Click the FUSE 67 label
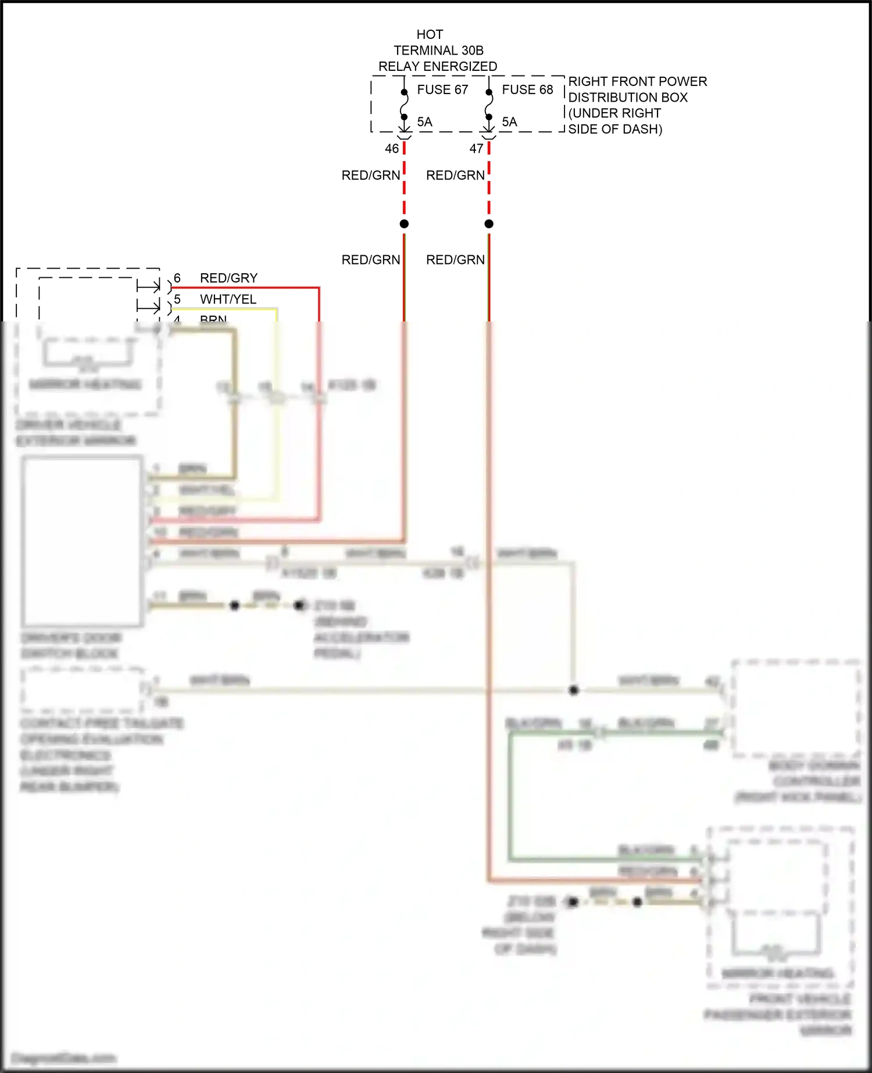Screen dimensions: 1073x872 tap(442, 90)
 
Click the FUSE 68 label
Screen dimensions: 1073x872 tap(527, 90)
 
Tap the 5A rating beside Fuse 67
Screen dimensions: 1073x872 tap(424, 122)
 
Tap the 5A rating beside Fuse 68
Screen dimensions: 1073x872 tap(509, 122)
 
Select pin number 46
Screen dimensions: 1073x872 tap(392, 149)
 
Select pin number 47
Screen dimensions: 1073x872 tap(477, 149)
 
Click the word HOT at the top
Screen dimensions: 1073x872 tap(430, 34)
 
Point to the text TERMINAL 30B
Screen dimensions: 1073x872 tap(438, 51)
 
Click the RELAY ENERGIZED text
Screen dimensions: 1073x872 tap(438, 66)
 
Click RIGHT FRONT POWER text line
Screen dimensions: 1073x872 tap(637, 81)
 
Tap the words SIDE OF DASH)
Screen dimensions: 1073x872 tap(615, 129)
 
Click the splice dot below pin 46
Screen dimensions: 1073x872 tap(404, 224)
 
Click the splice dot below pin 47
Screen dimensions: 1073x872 tap(489, 224)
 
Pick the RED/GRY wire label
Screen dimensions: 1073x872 tap(228, 278)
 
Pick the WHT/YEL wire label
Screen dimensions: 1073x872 tap(228, 299)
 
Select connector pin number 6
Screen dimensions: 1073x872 tap(177, 278)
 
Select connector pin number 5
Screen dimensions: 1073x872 tap(177, 299)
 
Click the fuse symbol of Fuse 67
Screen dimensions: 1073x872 tap(404, 105)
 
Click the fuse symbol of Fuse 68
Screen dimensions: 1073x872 tap(489, 105)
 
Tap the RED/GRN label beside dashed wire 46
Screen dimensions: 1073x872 tap(371, 175)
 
